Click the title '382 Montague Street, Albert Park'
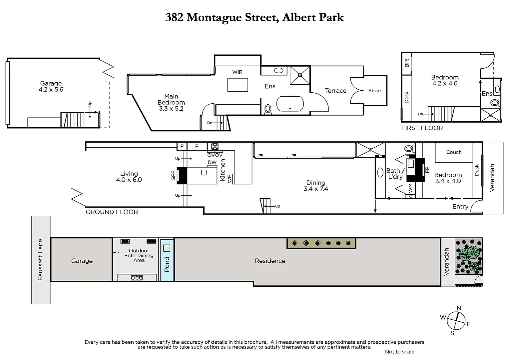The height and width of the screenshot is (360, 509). click(x=254, y=17)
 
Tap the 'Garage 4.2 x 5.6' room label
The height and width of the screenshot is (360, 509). click(x=51, y=86)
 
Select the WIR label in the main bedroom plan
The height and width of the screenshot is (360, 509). click(x=237, y=72)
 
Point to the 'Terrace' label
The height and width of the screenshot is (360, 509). click(x=335, y=91)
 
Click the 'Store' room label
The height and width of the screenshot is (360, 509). click(x=374, y=91)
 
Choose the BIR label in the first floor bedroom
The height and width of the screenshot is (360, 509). click(x=407, y=63)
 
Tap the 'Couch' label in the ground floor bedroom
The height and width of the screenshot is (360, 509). click(x=454, y=152)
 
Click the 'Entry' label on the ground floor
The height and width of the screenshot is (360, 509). click(x=460, y=207)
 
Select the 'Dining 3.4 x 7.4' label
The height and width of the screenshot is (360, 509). click(x=315, y=186)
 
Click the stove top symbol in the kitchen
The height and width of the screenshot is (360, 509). click(x=215, y=146)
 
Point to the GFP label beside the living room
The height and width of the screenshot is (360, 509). click(x=173, y=175)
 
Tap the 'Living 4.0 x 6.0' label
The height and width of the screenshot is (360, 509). click(x=129, y=177)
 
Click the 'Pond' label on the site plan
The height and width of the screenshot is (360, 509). click(x=167, y=264)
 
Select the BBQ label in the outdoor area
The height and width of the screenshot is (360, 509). click(x=137, y=277)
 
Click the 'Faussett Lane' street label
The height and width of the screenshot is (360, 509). click(x=40, y=259)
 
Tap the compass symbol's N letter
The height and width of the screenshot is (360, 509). click(x=459, y=308)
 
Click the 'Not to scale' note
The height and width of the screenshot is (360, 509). click(x=399, y=352)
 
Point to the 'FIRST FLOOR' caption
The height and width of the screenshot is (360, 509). click(x=422, y=128)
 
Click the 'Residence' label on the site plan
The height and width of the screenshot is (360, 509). click(x=270, y=261)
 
